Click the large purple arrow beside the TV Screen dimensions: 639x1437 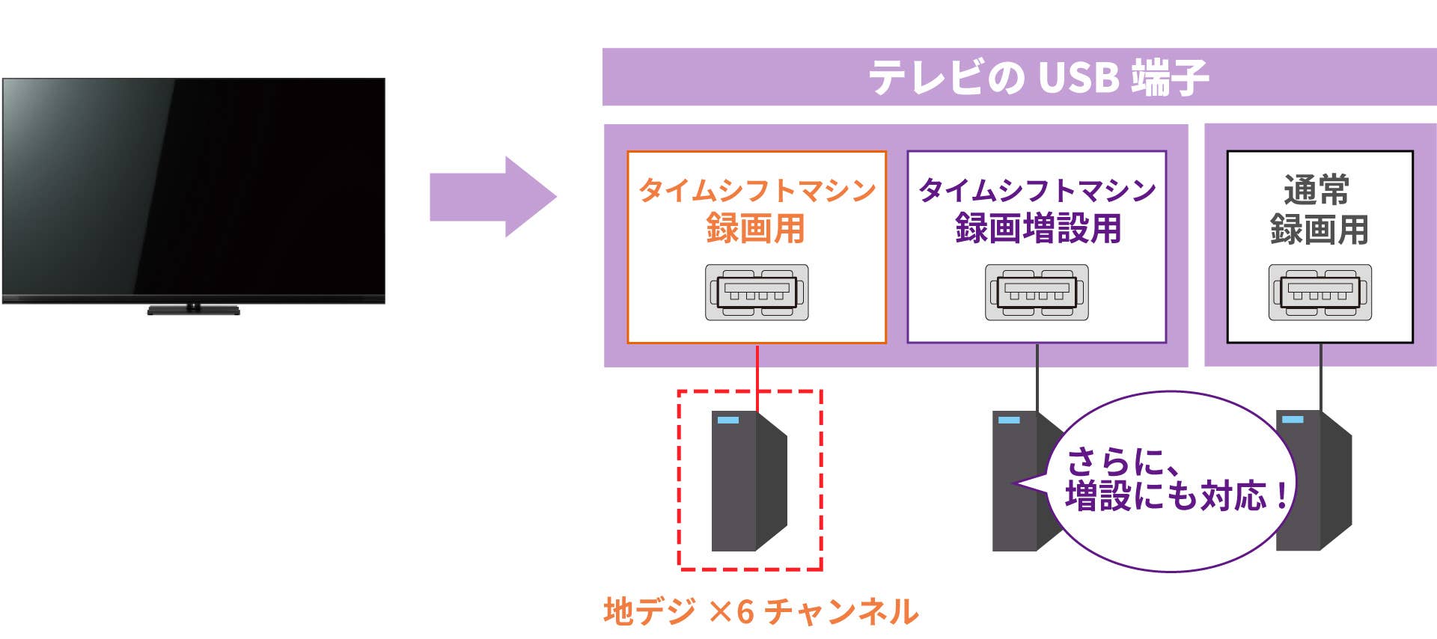490,197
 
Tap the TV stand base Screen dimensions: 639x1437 193,310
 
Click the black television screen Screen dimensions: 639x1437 193,187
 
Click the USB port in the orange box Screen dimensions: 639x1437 757,292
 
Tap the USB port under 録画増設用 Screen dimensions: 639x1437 1037,292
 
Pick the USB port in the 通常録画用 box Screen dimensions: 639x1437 1319,292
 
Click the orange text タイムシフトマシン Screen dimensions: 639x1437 757,190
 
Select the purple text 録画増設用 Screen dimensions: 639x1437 1037,229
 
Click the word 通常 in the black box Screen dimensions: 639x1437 1317,190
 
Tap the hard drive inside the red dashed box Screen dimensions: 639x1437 748,480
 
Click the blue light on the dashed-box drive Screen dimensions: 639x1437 727,420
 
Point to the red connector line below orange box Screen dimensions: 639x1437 757,374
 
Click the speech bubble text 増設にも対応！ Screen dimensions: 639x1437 1177,496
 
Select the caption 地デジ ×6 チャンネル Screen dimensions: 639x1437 760,611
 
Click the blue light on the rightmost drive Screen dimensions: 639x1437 1293,419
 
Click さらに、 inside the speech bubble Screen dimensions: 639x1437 1123,462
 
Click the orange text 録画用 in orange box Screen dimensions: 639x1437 755,229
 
